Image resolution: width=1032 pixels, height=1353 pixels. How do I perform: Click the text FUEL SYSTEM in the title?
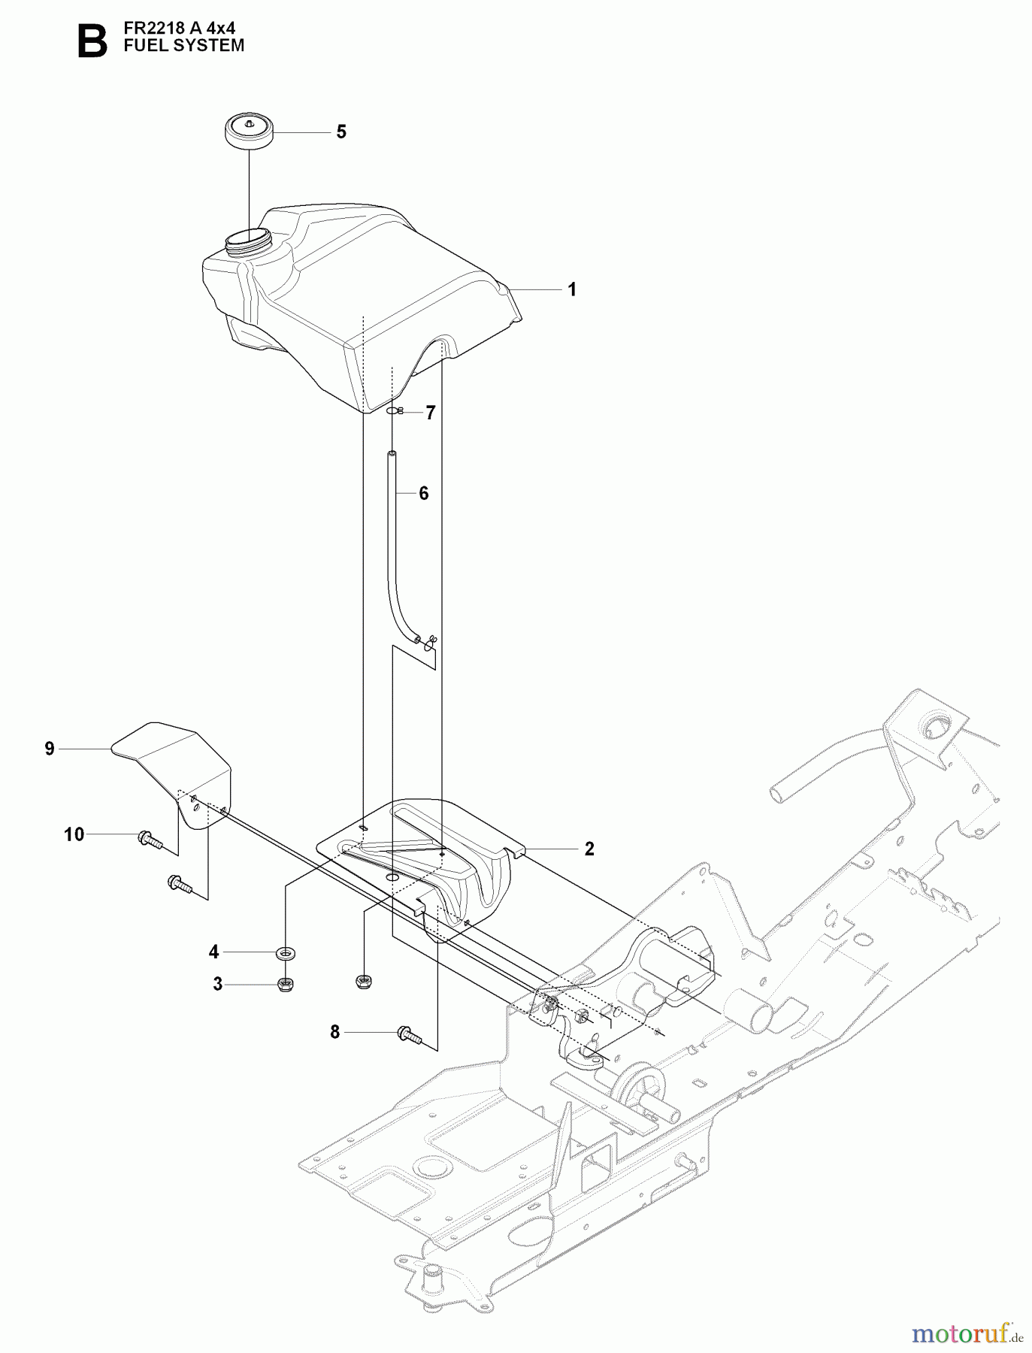[183, 46]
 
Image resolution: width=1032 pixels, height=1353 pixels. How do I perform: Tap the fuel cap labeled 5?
[249, 132]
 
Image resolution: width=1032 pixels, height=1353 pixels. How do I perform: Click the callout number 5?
[341, 132]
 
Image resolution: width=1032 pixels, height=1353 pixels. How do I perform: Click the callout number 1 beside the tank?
[572, 290]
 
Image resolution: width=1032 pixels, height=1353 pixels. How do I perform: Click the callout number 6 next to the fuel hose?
[424, 494]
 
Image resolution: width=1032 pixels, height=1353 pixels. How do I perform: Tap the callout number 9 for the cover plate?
[50, 749]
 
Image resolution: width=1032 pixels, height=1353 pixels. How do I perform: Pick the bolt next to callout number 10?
[150, 839]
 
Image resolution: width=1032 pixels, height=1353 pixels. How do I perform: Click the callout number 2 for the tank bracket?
[589, 849]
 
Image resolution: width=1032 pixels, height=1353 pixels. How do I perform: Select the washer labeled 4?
[286, 953]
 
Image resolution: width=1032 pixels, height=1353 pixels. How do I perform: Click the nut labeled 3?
[286, 984]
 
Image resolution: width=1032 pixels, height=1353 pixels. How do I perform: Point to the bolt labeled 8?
[409, 1036]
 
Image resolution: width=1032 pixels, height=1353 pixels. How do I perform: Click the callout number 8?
[335, 1033]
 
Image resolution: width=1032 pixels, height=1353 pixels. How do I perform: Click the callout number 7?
[431, 413]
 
